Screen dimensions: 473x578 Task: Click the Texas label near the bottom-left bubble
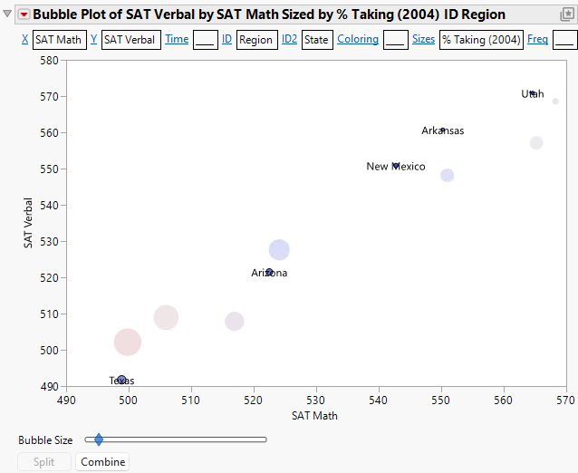pos(122,381)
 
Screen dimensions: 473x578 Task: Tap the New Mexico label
pos(395,167)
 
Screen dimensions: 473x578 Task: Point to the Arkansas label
pos(442,131)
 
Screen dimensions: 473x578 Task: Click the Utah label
pos(533,94)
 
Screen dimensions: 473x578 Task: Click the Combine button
pos(101,462)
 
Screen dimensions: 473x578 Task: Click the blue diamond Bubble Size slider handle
pos(99,439)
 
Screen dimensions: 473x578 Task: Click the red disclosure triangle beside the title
pos(24,14)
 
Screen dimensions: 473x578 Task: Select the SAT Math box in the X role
pos(59,40)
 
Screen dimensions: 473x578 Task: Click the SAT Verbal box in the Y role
pos(131,40)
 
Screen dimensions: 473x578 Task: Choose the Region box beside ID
pos(256,40)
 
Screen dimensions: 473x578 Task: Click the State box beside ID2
pos(317,40)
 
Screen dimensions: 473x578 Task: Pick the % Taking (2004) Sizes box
pos(481,40)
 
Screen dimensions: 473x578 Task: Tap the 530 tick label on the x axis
pos(316,399)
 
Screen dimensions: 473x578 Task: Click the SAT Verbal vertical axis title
pos(29,223)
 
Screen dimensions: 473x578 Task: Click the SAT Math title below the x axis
pos(315,416)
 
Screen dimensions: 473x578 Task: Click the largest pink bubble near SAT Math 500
pos(128,342)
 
